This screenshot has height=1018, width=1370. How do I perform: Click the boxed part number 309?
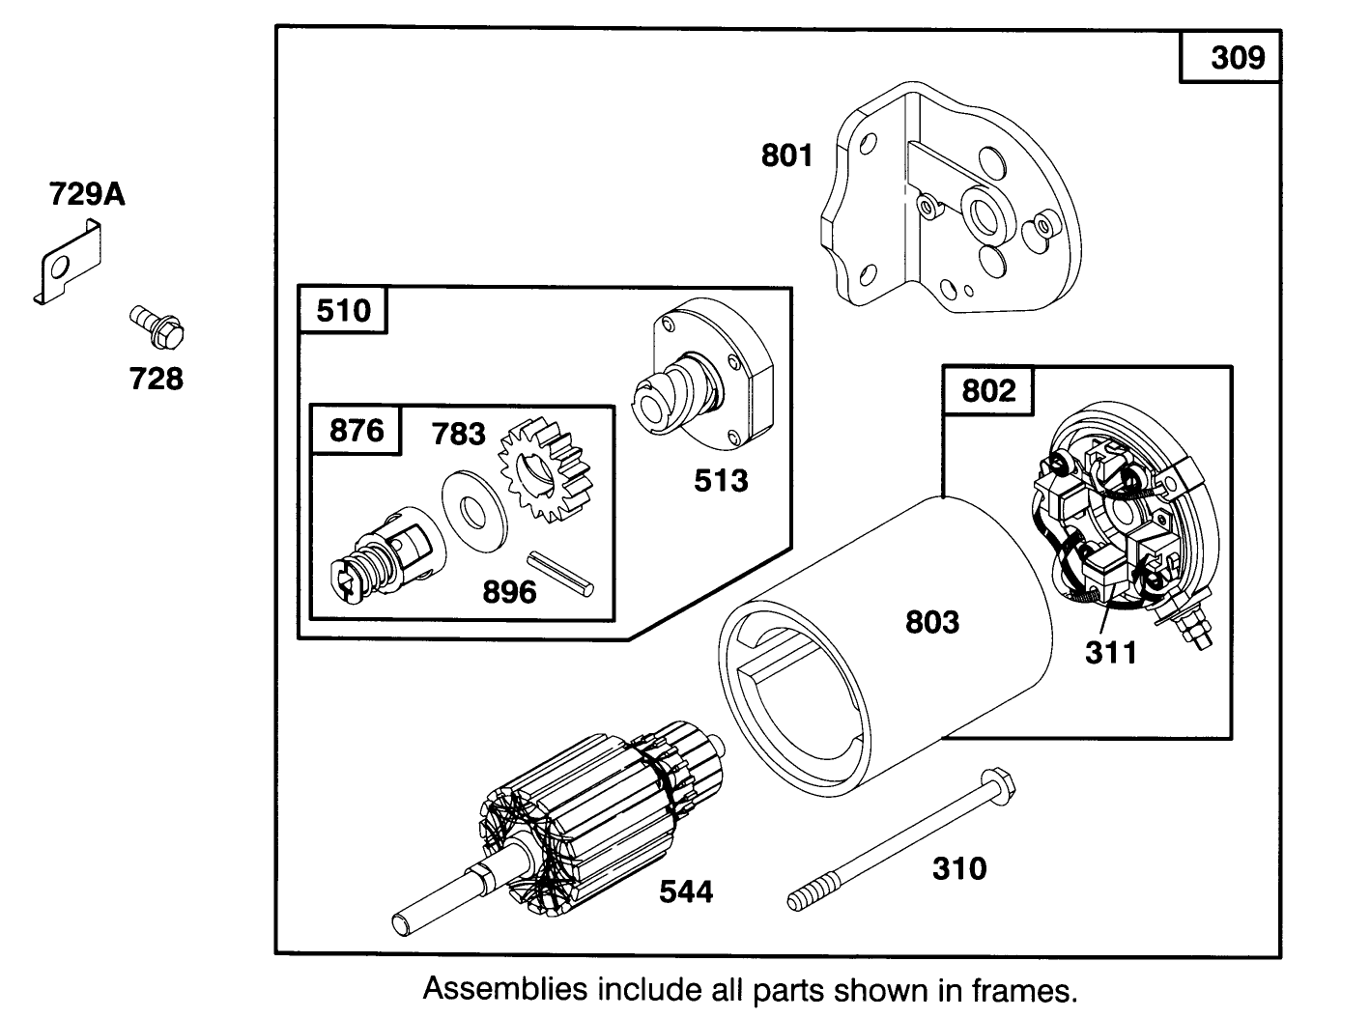(1238, 58)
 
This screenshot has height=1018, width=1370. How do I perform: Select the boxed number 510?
(343, 311)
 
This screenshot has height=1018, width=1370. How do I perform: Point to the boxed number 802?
(988, 390)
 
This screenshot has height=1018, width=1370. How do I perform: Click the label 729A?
(87, 195)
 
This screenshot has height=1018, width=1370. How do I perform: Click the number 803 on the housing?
(931, 622)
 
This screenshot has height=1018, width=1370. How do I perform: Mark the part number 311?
(1110, 652)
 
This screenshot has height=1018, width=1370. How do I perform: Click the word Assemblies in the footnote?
(505, 989)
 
